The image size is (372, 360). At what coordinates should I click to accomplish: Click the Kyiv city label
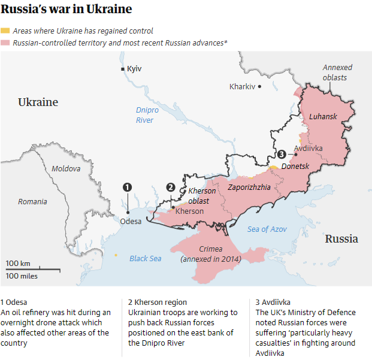pos(134,69)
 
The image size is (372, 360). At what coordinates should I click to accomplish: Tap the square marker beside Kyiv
pos(123,69)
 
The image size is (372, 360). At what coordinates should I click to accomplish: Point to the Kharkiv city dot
pos(260,87)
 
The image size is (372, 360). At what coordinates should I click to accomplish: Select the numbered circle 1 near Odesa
pos(127,187)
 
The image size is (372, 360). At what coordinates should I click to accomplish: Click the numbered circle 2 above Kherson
pos(171,187)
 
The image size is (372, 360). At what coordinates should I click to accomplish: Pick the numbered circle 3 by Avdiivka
pos(282,155)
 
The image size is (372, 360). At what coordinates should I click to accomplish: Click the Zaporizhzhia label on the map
pos(249,187)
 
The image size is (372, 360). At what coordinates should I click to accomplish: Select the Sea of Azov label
pos(267,229)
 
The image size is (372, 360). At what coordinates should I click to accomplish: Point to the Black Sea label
pos(146,259)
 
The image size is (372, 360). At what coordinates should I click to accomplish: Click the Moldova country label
pos(66,169)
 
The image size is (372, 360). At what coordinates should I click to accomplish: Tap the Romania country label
pos(32,202)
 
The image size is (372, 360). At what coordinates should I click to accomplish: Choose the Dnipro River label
pos(144,116)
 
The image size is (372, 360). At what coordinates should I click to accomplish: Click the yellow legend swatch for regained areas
pos(5,31)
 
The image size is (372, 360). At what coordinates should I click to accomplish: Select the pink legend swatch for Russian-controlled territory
pos(5,43)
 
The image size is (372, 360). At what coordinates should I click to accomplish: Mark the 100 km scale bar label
pos(18,264)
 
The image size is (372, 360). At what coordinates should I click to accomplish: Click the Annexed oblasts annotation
pos(337,72)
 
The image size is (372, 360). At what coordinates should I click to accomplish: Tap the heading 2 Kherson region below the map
pos(158,302)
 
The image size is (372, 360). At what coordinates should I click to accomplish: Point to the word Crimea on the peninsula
pos(210,249)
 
